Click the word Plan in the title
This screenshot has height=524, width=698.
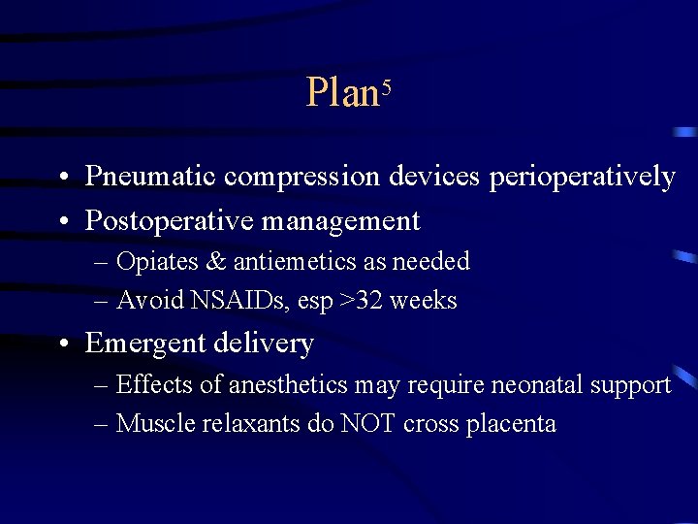(x=341, y=93)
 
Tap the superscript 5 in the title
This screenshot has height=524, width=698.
(x=385, y=85)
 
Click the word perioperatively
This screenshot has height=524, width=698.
(x=582, y=177)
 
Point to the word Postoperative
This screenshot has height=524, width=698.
(x=171, y=221)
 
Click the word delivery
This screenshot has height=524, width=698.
(x=267, y=344)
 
